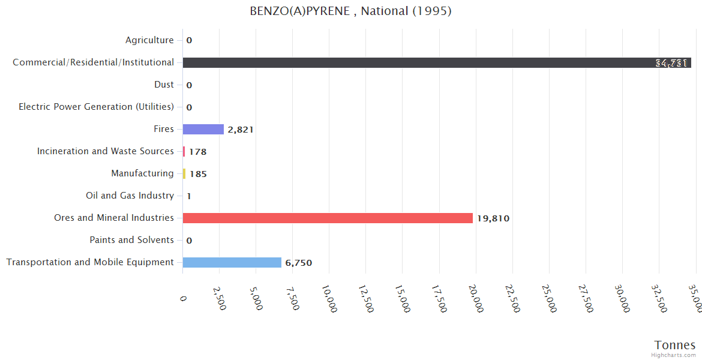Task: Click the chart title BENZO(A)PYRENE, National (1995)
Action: [350, 11]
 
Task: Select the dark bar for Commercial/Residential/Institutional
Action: [436, 62]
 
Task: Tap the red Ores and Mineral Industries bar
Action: [328, 218]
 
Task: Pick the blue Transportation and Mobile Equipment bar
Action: [232, 262]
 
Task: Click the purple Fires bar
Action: [203, 129]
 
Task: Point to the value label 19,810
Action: [493, 218]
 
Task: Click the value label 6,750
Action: [299, 263]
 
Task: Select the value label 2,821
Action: [241, 130]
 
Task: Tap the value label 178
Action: [197, 152]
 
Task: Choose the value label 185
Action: [198, 174]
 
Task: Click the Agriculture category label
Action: [149, 40]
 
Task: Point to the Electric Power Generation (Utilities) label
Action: [96, 107]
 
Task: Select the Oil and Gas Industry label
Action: [130, 196]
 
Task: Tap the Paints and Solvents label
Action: [131, 240]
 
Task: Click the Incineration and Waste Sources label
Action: [105, 151]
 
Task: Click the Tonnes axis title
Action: [675, 344]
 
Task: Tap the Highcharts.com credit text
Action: [674, 355]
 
